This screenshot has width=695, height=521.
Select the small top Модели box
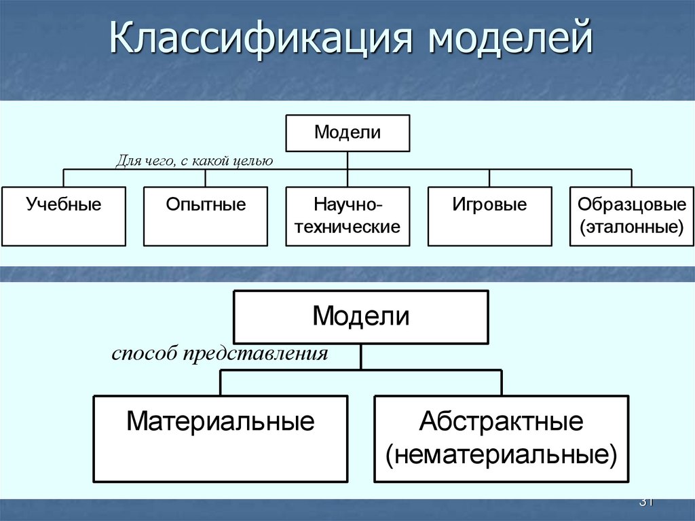347,133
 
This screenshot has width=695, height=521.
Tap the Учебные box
63,216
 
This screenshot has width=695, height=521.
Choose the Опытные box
206,216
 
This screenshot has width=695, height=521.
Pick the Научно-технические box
347,216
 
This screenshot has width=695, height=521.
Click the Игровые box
489,216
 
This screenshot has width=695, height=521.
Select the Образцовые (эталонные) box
631,216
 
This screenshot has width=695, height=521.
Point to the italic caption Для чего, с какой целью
194,161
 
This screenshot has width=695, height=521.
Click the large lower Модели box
360,317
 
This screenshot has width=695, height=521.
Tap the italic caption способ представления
220,354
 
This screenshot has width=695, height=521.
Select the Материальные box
221,439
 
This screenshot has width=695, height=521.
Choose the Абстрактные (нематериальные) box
502,439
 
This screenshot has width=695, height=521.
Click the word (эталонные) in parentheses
631,226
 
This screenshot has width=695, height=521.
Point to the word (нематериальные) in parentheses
502,454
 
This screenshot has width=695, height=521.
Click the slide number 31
645,502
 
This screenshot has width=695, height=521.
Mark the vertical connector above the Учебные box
63,178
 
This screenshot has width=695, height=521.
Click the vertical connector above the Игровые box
489,178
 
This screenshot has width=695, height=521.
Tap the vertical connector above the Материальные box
221,382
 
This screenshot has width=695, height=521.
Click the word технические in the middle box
347,227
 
